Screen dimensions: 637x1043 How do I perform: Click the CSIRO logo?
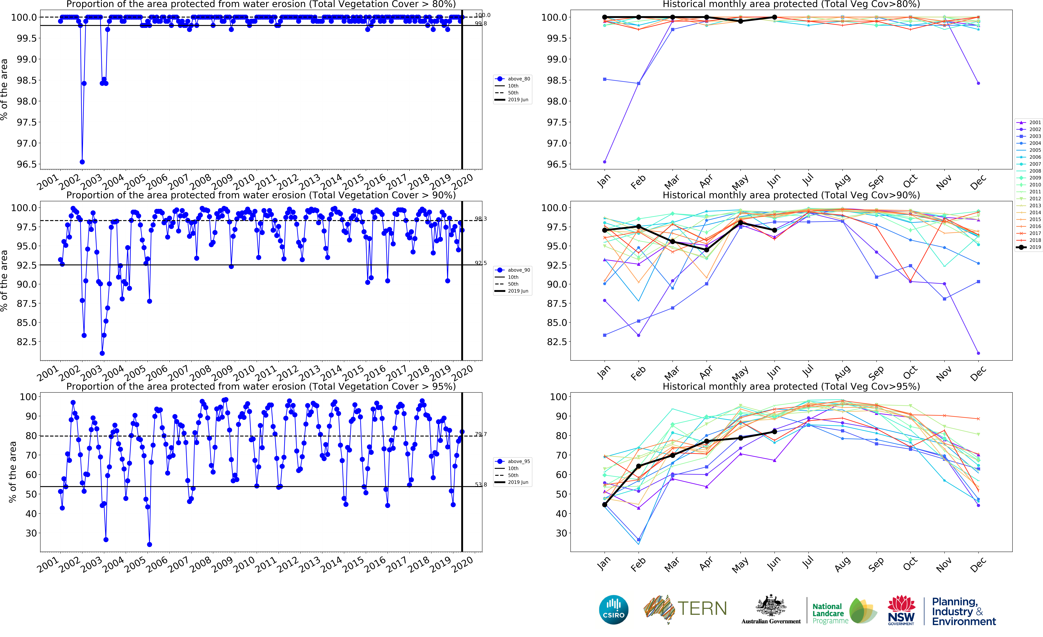click(x=613, y=610)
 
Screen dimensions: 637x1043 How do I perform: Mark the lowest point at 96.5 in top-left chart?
click(x=82, y=162)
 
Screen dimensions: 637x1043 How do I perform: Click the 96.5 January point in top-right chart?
click(x=604, y=162)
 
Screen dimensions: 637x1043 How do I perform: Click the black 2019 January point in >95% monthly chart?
click(x=604, y=505)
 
